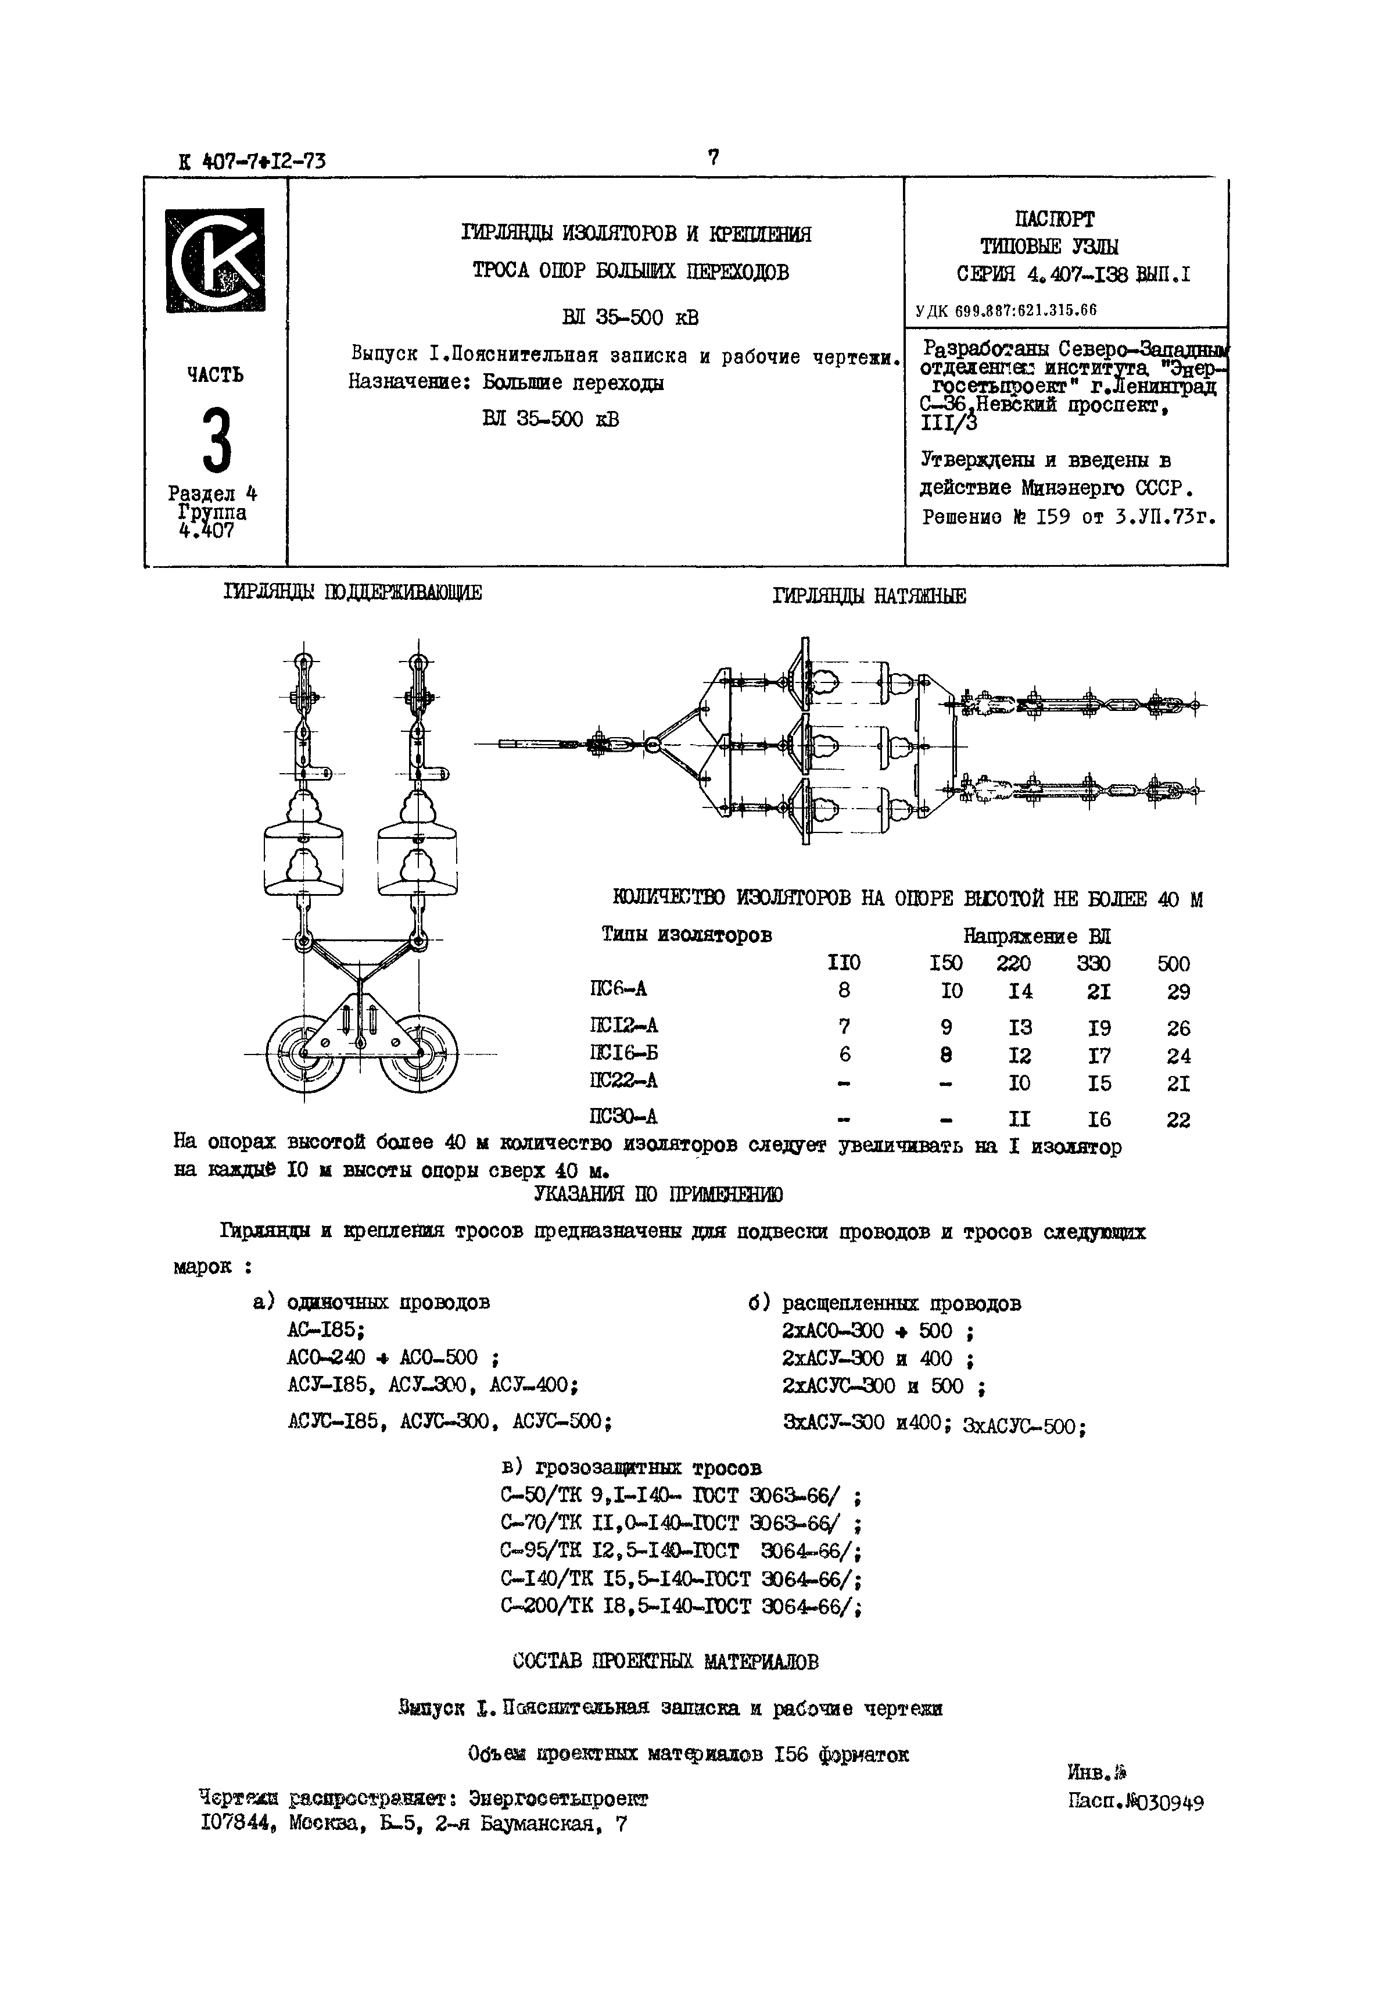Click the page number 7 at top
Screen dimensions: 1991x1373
(x=712, y=158)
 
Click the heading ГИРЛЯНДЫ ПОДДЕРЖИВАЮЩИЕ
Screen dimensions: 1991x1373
(x=353, y=592)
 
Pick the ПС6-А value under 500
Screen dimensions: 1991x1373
(x=1178, y=992)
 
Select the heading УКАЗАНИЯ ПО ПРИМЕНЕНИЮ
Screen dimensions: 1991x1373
(x=658, y=1194)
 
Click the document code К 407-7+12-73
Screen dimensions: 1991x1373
(x=252, y=161)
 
